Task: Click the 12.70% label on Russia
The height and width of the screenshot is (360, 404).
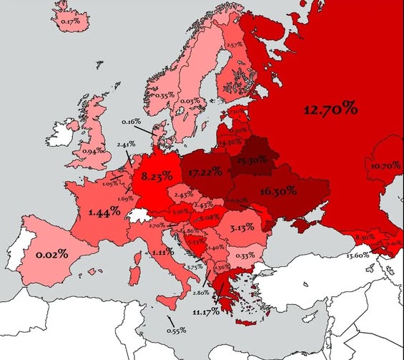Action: pos(330,110)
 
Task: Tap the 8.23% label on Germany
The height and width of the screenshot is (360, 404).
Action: pos(157,175)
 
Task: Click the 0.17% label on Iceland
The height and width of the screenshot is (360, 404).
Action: pos(69,21)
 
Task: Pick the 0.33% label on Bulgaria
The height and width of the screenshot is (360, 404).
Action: pos(245,256)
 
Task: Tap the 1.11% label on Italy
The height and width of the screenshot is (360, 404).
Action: pos(164,253)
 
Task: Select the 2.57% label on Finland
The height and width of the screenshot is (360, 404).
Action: pos(235,45)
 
